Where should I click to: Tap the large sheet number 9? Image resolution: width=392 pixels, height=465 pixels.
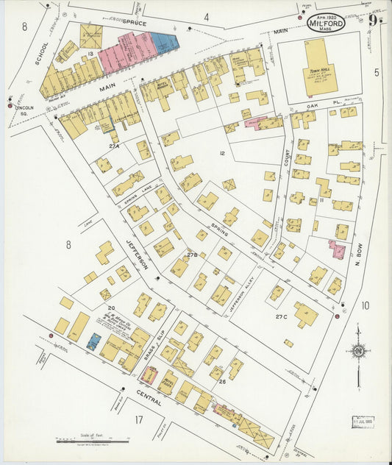coord(374,21)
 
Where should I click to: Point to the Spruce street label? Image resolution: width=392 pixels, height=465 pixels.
coord(135,24)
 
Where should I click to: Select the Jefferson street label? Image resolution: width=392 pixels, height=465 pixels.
coord(138,254)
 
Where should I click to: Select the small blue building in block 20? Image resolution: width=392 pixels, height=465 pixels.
coord(94,341)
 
